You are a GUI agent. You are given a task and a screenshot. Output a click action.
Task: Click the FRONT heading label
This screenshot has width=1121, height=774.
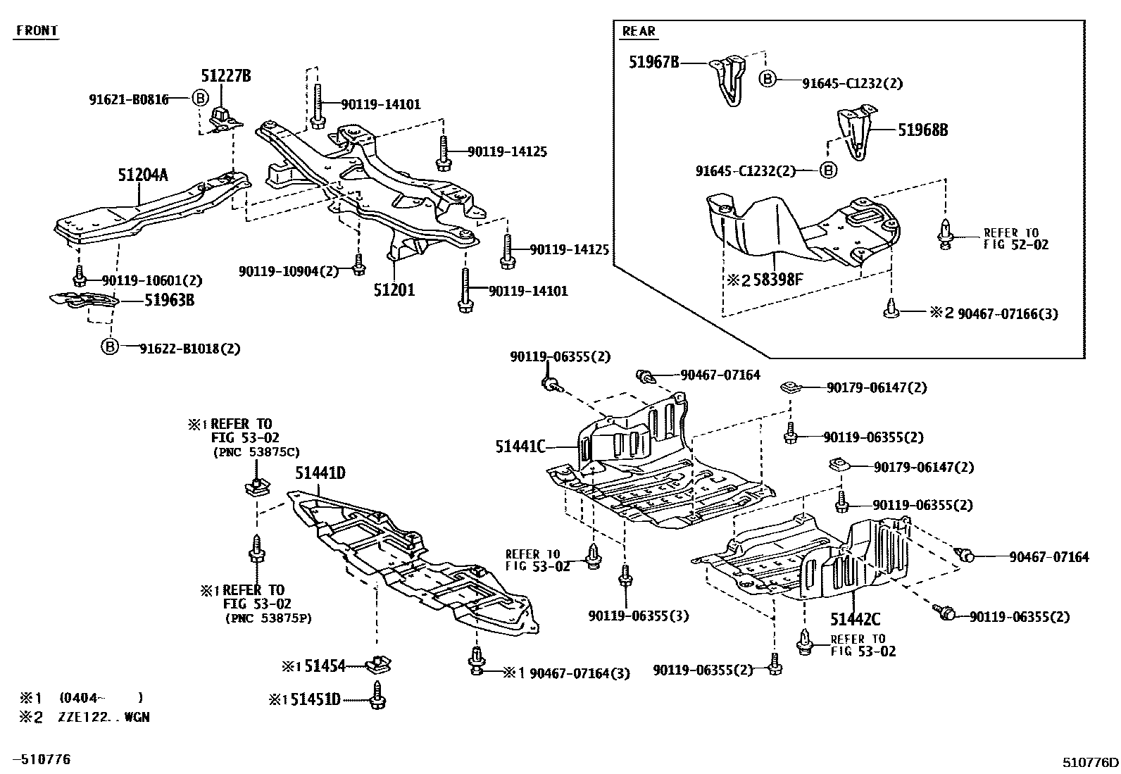click(x=37, y=31)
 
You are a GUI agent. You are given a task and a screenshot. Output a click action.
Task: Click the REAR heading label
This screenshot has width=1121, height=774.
click(x=639, y=31)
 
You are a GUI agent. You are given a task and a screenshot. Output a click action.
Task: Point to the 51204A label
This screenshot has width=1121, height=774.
click(x=142, y=175)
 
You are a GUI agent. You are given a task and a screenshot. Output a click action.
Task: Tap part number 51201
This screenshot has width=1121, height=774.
click(x=394, y=289)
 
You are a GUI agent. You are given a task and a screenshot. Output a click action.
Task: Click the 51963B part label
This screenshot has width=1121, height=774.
click(x=169, y=300)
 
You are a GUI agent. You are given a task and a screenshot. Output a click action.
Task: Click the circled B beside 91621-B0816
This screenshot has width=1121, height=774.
click(x=200, y=99)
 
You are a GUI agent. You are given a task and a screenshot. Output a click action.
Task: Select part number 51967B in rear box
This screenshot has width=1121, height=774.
click(x=654, y=63)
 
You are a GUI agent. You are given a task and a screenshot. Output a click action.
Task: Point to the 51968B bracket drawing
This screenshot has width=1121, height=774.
click(x=856, y=132)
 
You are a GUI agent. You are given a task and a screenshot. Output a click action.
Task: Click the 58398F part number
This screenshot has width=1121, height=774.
click(x=777, y=280)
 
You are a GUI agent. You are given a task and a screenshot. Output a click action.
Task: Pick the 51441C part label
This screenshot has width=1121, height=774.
click(x=520, y=446)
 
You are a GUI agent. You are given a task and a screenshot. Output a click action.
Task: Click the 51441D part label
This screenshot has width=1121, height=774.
click(x=320, y=473)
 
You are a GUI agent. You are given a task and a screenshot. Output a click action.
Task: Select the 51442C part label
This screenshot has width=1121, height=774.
click(x=855, y=619)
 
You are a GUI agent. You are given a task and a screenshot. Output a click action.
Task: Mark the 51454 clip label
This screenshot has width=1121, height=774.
click(x=325, y=666)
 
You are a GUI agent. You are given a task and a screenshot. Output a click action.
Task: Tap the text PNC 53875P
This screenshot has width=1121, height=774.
click(x=268, y=618)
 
